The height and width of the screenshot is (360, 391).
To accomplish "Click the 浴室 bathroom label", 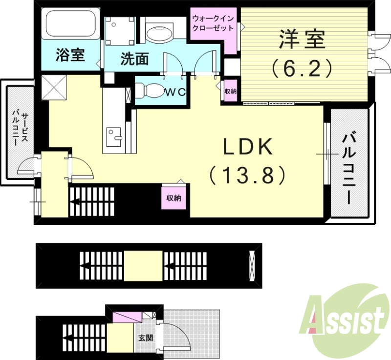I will coord(69,55).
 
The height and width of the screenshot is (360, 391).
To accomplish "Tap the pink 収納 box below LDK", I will coord(174,198).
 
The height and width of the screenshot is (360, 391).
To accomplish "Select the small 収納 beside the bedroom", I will coord(230,91).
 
